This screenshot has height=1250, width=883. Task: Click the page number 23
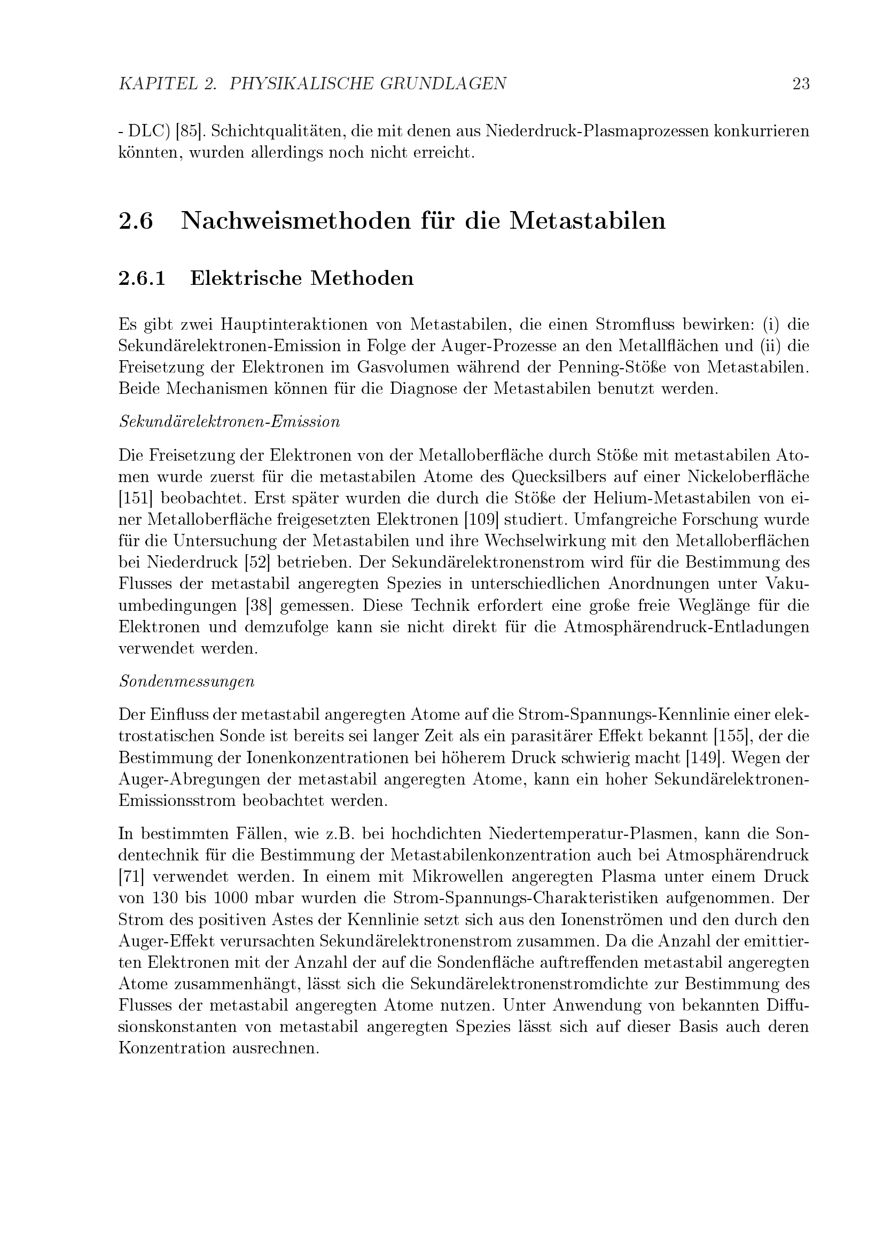[801, 84]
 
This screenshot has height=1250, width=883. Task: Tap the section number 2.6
[136, 221]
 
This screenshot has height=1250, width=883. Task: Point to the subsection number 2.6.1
[142, 278]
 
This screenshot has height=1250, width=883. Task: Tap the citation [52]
[259, 562]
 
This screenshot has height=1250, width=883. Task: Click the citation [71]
[130, 876]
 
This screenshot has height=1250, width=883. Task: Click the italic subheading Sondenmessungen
[186, 681]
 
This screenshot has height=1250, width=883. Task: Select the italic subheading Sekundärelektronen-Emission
[229, 422]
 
